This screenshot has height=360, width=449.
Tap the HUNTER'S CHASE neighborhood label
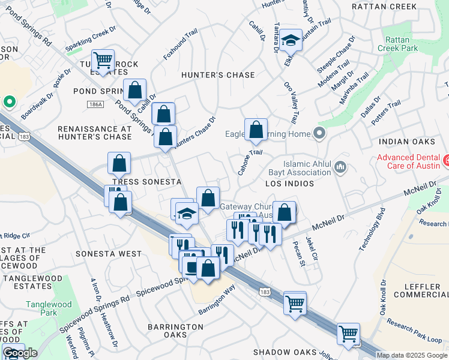pyautogui.click(x=218, y=75)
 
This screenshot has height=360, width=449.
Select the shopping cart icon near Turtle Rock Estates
pyautogui.click(x=103, y=60)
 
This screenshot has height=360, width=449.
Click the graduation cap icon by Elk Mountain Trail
pyautogui.click(x=291, y=41)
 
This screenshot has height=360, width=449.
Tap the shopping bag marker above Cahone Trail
pyautogui.click(x=256, y=130)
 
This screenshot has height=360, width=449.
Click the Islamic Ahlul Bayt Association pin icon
pyautogui.click(x=340, y=166)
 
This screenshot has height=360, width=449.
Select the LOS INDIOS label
pyautogui.click(x=291, y=183)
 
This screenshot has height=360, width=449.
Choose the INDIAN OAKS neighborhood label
pyautogui.click(x=406, y=142)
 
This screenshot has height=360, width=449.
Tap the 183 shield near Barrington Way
pyautogui.click(x=264, y=291)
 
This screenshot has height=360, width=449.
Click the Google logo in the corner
pyautogui.click(x=20, y=353)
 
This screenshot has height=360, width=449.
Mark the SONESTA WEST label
pyautogui.click(x=108, y=254)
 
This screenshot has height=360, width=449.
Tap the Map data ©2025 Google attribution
pyautogui.click(x=412, y=355)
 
